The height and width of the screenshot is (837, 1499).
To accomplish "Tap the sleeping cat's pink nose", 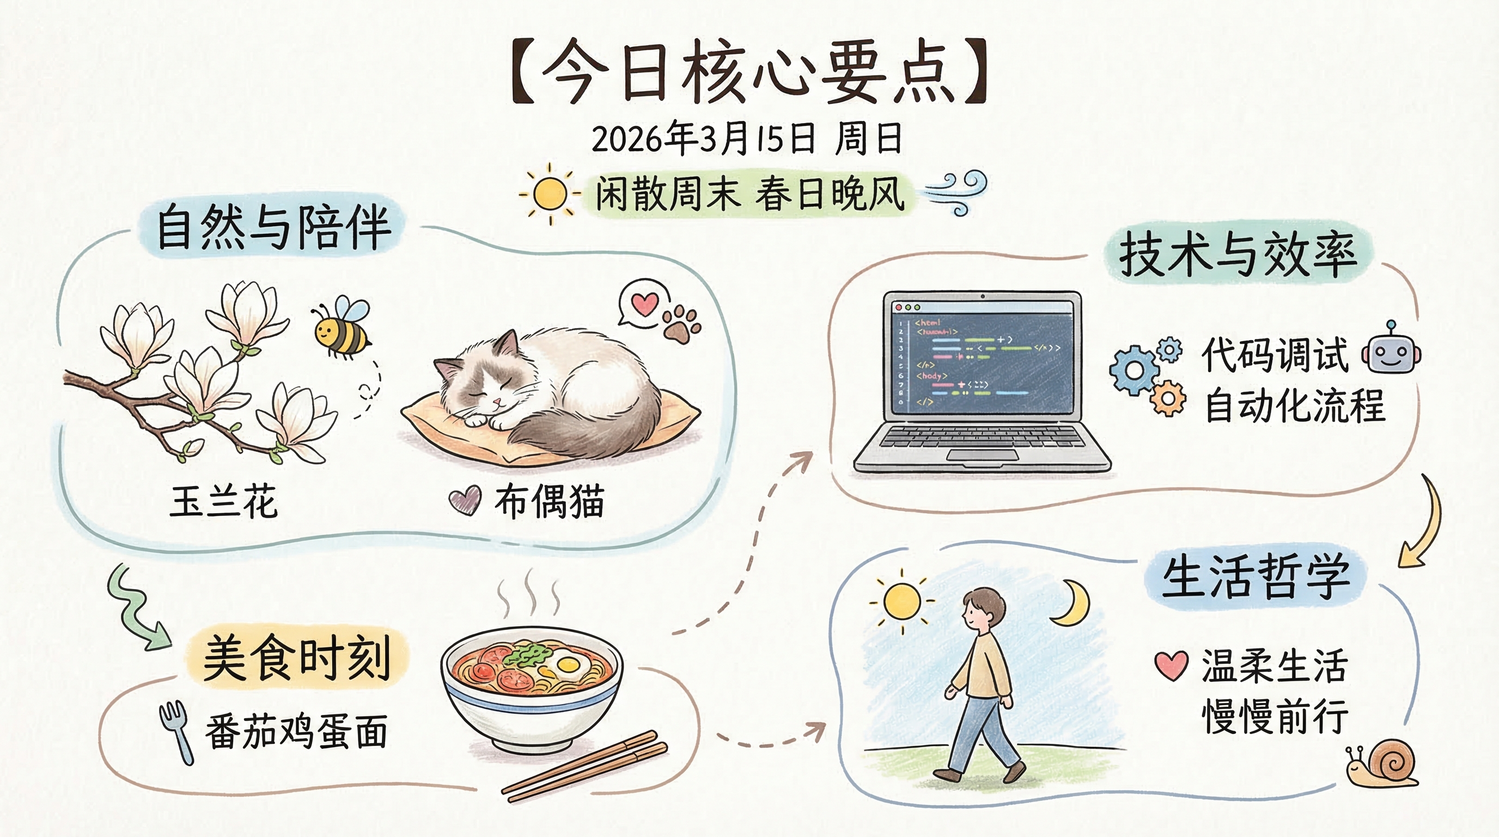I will click(x=496, y=401).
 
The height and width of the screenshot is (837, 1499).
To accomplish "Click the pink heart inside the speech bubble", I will click(x=645, y=304).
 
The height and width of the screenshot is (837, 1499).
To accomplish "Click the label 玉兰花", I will click(x=223, y=502).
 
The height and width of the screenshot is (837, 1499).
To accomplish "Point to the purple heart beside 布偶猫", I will click(x=465, y=501).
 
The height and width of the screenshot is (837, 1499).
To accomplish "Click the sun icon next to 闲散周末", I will click(x=549, y=194).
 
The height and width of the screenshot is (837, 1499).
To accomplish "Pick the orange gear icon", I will click(x=1167, y=399).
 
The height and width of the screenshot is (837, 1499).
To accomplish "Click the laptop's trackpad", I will click(x=982, y=454).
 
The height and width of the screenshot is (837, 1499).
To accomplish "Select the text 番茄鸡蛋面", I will click(x=296, y=732).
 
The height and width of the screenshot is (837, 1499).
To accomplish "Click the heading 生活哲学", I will click(x=1255, y=576).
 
